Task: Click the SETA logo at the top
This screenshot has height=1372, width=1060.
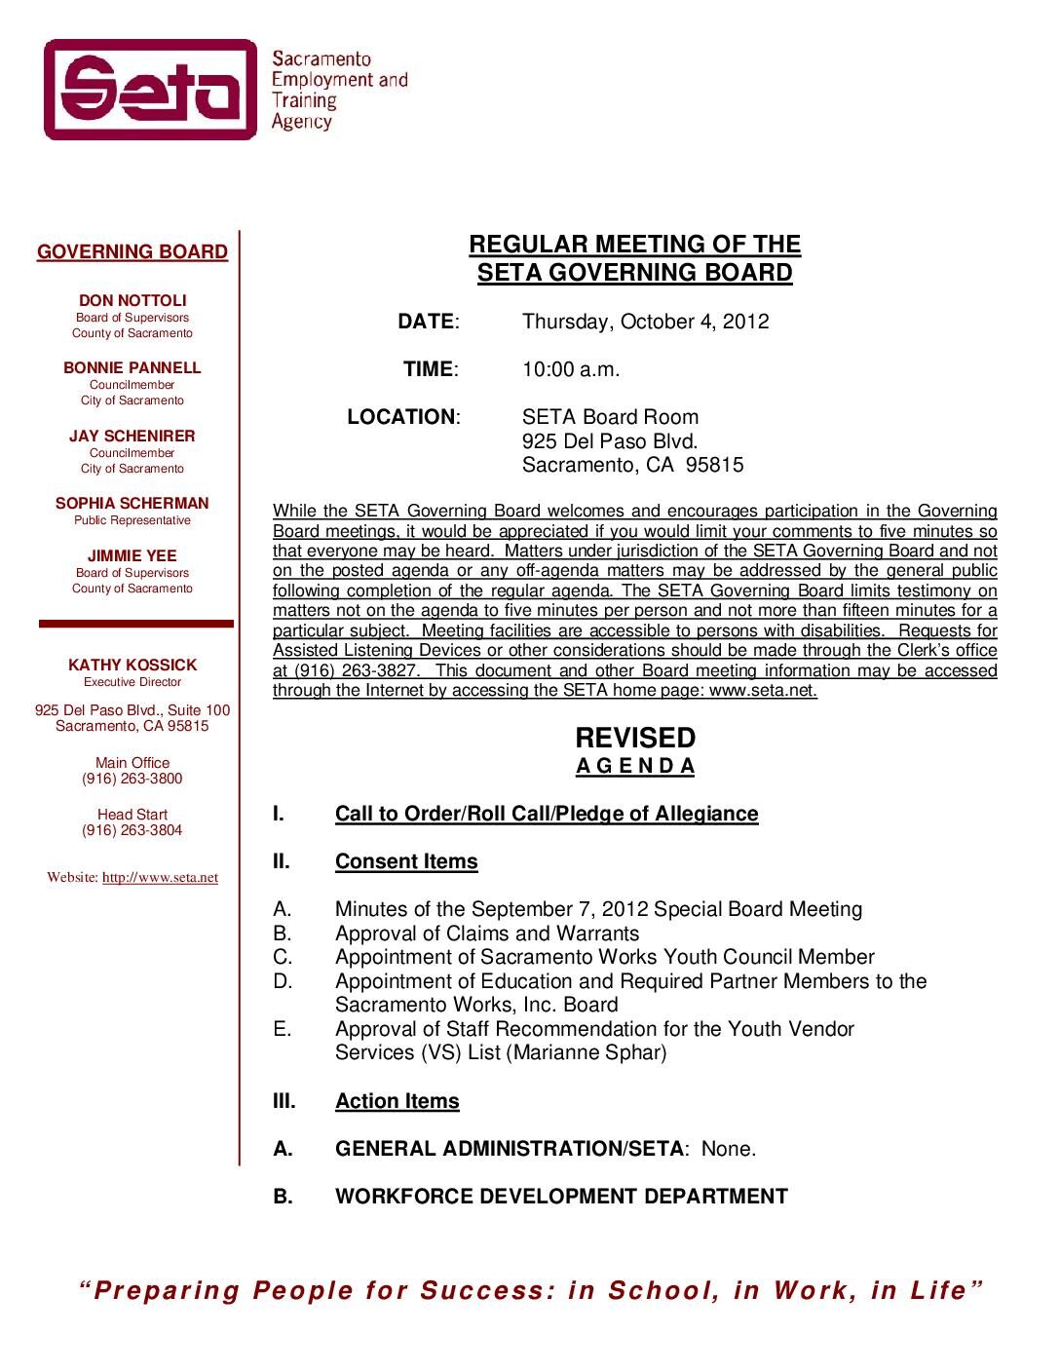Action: (151, 90)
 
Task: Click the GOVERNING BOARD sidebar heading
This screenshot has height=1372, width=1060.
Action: (132, 252)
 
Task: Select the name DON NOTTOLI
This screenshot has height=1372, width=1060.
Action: (132, 301)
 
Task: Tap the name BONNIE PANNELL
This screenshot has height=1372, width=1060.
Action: (132, 368)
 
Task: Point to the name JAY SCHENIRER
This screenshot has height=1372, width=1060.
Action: (132, 437)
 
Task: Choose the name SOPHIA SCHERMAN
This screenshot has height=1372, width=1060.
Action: (132, 504)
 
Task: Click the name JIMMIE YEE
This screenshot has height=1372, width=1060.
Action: (132, 556)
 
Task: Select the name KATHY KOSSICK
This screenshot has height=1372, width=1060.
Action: (132, 666)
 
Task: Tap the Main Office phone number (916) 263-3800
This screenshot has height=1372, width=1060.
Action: (132, 780)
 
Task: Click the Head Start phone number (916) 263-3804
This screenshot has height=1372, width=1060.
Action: (132, 831)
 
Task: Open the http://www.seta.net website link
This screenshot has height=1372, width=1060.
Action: (160, 878)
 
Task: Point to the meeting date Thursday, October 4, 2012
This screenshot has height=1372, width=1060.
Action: (645, 323)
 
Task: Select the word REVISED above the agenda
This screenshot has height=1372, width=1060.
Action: (635, 738)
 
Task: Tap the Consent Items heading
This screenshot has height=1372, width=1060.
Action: (406, 862)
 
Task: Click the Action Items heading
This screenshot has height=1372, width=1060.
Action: (397, 1102)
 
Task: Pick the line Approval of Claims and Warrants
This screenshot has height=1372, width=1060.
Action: (487, 934)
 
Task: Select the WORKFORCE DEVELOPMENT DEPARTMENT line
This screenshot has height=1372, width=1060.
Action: (561, 1198)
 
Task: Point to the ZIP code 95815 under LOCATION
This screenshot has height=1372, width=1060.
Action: (714, 466)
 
